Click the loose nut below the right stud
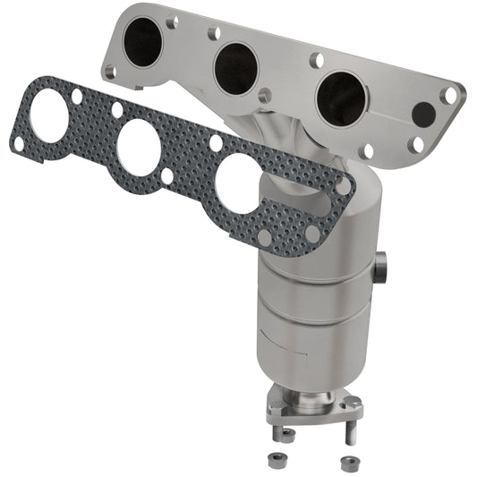[x=345, y=462]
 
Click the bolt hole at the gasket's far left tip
[x=17, y=143]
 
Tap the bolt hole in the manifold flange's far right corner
[x=451, y=93]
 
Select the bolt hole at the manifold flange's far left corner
[x=108, y=70]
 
